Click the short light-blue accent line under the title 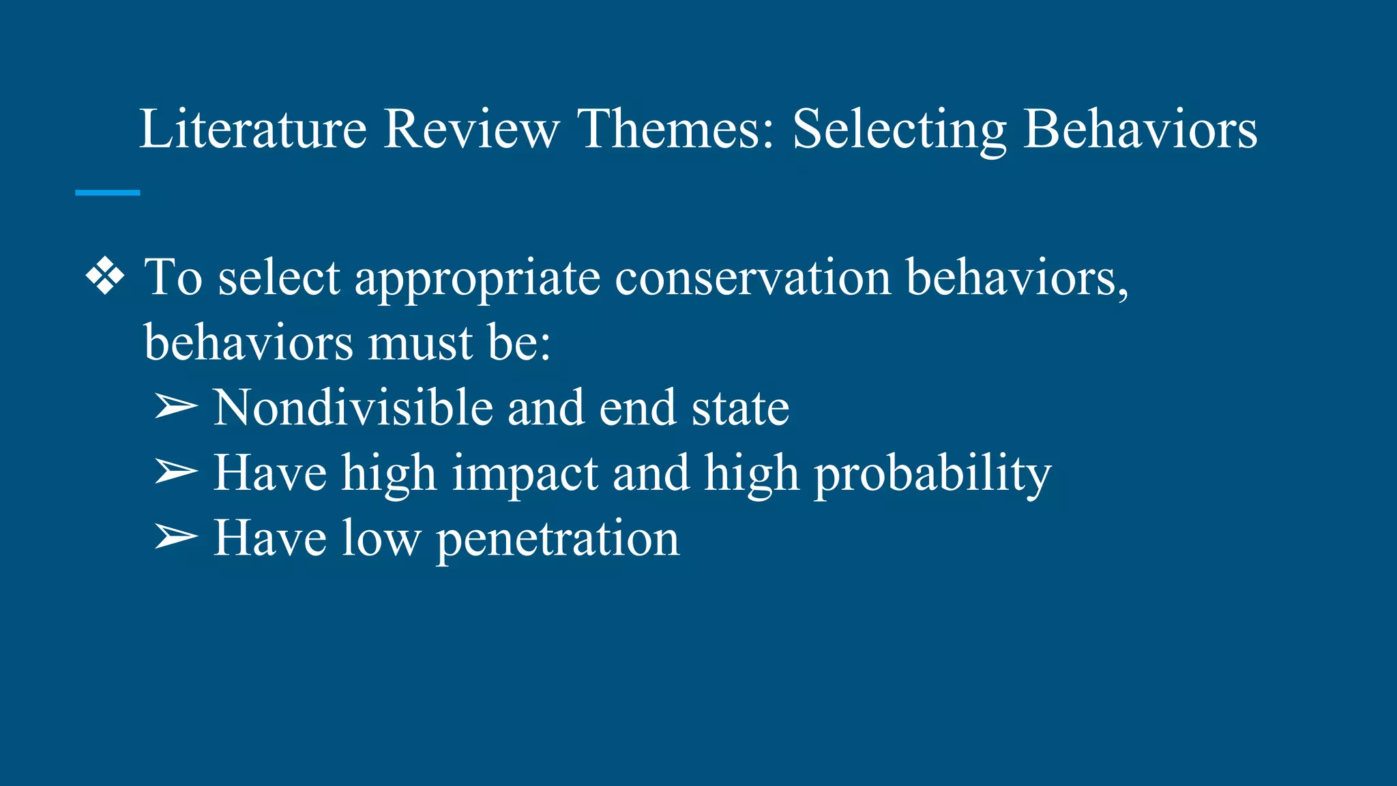point(108,193)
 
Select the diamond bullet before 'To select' point(106,277)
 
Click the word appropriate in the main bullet point(477,278)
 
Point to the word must point(420,343)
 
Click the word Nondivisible point(353,407)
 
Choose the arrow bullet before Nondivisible point(176,407)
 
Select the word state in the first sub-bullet point(740,408)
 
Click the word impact point(525,474)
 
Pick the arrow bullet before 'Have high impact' point(176,471)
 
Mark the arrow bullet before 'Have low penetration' point(176,537)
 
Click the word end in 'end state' point(637,407)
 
